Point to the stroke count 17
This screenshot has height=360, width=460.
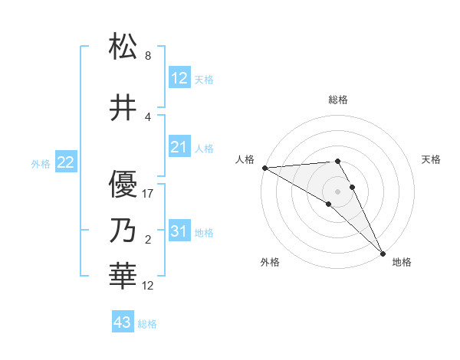pos(148,194)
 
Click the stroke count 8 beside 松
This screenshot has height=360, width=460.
pos(148,56)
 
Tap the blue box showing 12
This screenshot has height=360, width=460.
pos(179,77)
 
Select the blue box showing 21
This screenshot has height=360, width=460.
pos(179,146)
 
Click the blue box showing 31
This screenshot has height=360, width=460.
pos(179,231)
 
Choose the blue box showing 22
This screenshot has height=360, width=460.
pos(66,162)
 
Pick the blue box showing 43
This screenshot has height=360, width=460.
pos(122,322)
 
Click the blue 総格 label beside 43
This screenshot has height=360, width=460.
pos(147,324)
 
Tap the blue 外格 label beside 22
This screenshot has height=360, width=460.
pos(41,163)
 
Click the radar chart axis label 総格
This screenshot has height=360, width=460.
pos(338,100)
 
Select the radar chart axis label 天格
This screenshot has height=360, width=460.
pos(432,159)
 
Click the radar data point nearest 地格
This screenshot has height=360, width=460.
pos(383,252)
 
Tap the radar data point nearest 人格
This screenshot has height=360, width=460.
pos(264,167)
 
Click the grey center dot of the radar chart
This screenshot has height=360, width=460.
pos(338,191)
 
